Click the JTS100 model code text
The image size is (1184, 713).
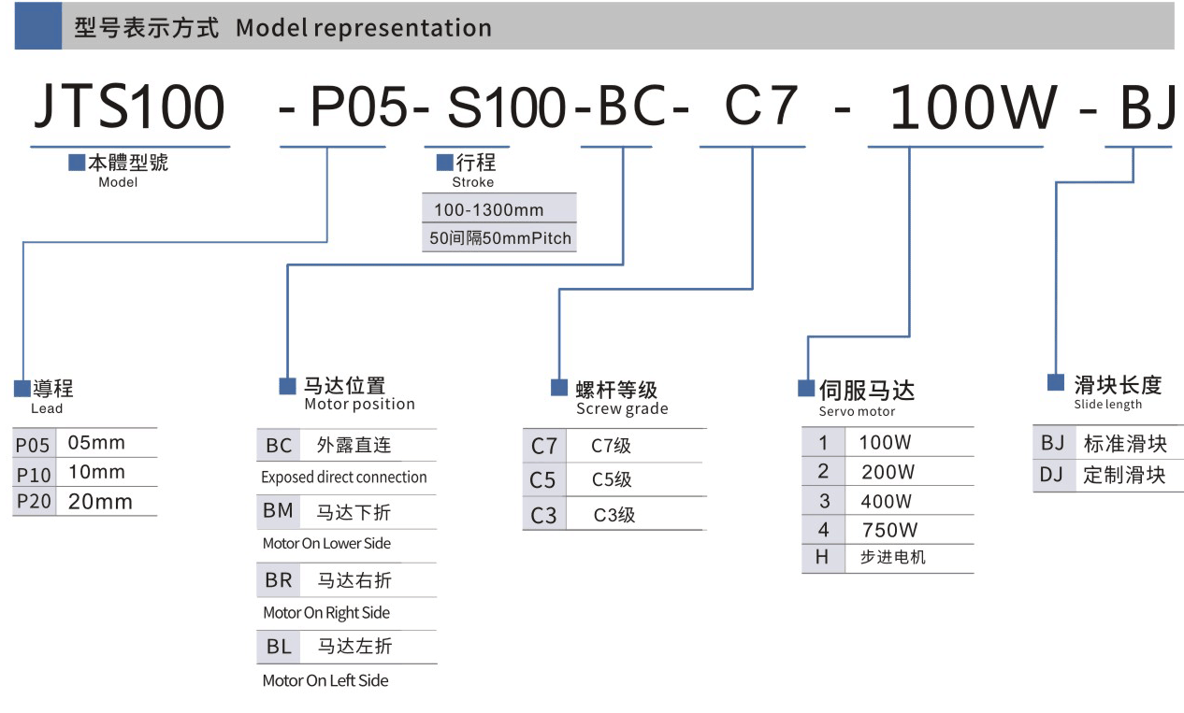pos(129,107)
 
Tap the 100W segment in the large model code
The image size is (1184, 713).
pos(973,107)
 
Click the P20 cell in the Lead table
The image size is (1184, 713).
pos(35,502)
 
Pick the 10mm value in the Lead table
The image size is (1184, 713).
pos(96,472)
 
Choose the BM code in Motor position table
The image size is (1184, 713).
pos(279,511)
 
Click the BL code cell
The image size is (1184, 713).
pos(279,646)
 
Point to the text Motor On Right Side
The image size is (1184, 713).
pos(326,613)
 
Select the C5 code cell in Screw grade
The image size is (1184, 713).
pos(542,480)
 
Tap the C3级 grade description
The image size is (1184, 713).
pos(614,515)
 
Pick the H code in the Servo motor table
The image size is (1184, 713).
pos(823,558)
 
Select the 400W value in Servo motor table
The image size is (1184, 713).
pos(887,501)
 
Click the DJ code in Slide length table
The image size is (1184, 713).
pos(1052,475)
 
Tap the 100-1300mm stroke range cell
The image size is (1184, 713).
pos(488,209)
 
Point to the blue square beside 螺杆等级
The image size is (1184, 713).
pos(558,388)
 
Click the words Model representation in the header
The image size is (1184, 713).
pos(364,28)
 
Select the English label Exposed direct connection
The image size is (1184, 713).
pos(344,478)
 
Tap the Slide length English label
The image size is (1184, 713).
pos(1107,405)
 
